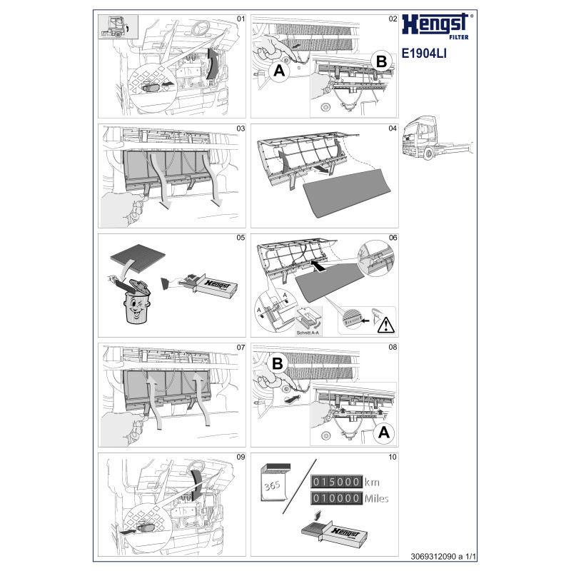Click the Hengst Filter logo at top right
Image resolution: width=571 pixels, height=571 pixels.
[438, 26]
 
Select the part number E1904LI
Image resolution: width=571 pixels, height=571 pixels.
[424, 54]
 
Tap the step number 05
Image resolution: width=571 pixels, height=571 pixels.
[241, 238]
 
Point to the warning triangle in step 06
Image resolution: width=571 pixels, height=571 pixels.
[385, 325]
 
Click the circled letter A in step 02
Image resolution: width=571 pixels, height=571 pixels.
[279, 70]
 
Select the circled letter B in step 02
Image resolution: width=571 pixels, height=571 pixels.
[381, 61]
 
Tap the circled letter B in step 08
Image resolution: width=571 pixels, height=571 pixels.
[277, 363]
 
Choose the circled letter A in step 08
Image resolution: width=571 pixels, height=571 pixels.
[384, 433]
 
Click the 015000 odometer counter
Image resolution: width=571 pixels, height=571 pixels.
[336, 482]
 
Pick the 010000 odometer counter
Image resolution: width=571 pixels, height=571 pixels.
[336, 498]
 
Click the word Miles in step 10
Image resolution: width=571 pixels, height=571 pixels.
[377, 498]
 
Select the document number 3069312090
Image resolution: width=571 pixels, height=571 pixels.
[433, 557]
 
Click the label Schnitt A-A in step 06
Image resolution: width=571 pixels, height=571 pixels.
[308, 333]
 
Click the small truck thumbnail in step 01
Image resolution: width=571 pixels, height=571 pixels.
[118, 26]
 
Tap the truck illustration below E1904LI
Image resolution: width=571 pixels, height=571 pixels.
[438, 138]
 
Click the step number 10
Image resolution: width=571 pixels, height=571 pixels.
[393, 457]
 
